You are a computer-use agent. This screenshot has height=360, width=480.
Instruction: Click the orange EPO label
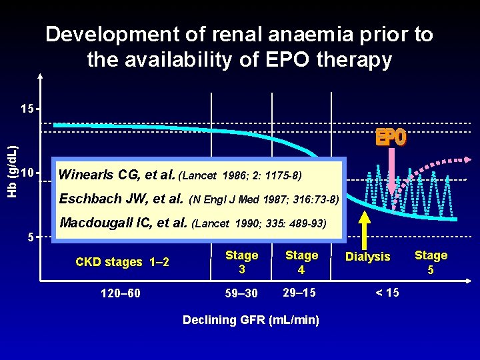tap(390, 137)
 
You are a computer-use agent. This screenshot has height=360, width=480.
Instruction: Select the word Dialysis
tap(368, 257)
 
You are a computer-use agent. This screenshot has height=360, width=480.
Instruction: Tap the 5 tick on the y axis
tap(30, 237)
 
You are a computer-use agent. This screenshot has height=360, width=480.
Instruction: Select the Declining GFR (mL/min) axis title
tap(251, 320)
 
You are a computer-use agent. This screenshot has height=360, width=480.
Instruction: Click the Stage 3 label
tap(241, 262)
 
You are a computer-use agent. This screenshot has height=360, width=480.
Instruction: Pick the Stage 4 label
tap(301, 262)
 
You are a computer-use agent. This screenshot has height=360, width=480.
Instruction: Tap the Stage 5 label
tap(431, 262)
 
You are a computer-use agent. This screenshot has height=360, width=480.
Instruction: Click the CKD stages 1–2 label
tap(122, 262)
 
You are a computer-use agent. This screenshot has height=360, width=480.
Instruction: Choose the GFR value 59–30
tap(241, 293)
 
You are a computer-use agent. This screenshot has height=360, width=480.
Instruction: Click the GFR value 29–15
tap(300, 293)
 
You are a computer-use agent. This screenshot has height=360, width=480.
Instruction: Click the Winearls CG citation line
tap(180, 175)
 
